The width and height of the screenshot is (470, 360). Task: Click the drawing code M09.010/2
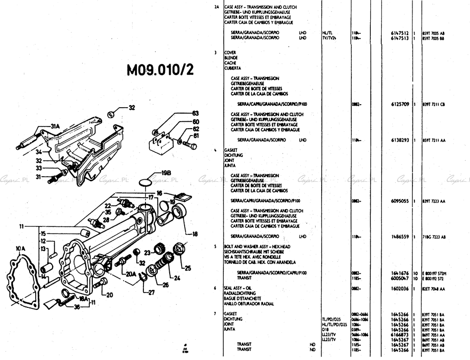pyautogui.click(x=161, y=70)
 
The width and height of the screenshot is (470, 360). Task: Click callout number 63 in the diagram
pyautogui.click(x=195, y=113)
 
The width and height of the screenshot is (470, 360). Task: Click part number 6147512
pyautogui.click(x=399, y=32)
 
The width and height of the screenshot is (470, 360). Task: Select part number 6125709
pyautogui.click(x=399, y=104)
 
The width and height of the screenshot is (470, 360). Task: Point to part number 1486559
pyautogui.click(x=399, y=236)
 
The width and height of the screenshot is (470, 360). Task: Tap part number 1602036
pyautogui.click(x=399, y=288)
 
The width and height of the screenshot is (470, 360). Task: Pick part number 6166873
pyautogui.click(x=399, y=335)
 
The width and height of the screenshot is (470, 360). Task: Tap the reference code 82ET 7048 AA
pyautogui.click(x=434, y=288)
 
